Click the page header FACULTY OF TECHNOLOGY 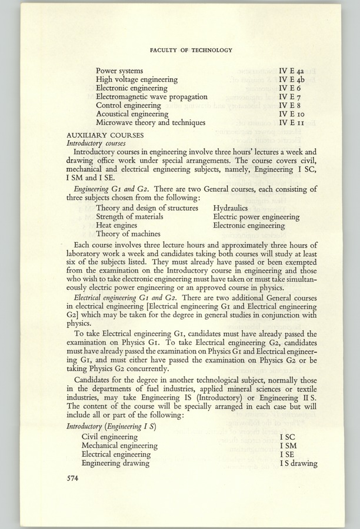(x=191, y=51)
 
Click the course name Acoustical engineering (x=132, y=113)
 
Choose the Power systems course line (x=119, y=71)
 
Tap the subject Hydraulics (x=232, y=208)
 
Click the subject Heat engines (x=116, y=225)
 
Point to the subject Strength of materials (x=129, y=216)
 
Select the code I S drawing (x=298, y=463)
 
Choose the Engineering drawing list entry (x=115, y=463)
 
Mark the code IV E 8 (x=290, y=105)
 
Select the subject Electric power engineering (x=256, y=216)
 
